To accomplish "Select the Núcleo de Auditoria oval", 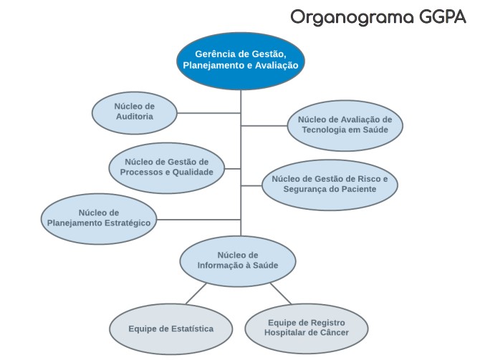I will click(x=134, y=112).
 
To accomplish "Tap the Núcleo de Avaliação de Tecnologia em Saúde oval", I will click(x=345, y=125).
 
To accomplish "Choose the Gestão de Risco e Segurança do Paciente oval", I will click(x=329, y=184).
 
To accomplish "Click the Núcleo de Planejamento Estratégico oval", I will click(x=99, y=218).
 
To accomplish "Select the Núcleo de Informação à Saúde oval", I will click(x=237, y=261).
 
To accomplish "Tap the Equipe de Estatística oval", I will click(x=171, y=329).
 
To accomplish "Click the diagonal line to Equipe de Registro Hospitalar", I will click(x=281, y=293).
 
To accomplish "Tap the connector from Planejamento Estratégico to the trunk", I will click(x=199, y=219).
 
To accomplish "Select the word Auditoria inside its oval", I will click(x=134, y=117).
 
